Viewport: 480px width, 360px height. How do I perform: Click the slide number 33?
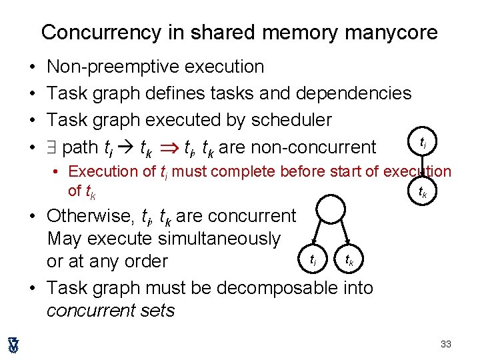click(446, 344)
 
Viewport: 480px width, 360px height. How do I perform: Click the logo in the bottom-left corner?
click(13, 344)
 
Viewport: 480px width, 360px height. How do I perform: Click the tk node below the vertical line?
click(423, 194)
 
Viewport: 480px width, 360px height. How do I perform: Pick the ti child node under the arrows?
click(311, 257)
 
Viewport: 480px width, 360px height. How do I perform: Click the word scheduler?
click(291, 120)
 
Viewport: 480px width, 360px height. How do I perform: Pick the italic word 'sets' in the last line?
click(161, 310)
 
